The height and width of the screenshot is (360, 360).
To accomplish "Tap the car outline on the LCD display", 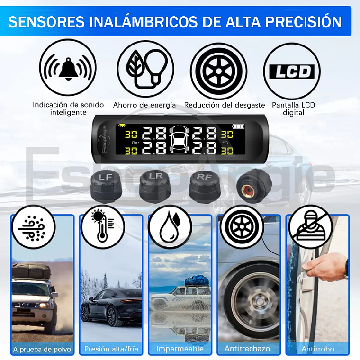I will (x=180, y=141).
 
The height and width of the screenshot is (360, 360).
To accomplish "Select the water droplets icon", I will (x=170, y=226).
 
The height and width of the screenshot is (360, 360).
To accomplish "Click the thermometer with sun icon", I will (x=101, y=226).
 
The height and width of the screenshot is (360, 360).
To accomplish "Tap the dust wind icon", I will (x=32, y=226).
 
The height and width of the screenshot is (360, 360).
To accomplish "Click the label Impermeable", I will (x=180, y=349).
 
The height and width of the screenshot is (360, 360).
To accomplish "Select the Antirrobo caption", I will (x=317, y=349).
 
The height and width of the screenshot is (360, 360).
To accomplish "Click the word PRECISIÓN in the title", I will (x=303, y=22).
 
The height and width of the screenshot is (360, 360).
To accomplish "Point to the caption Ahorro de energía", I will (x=144, y=105).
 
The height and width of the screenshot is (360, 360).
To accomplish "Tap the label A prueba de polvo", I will (x=42, y=350).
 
